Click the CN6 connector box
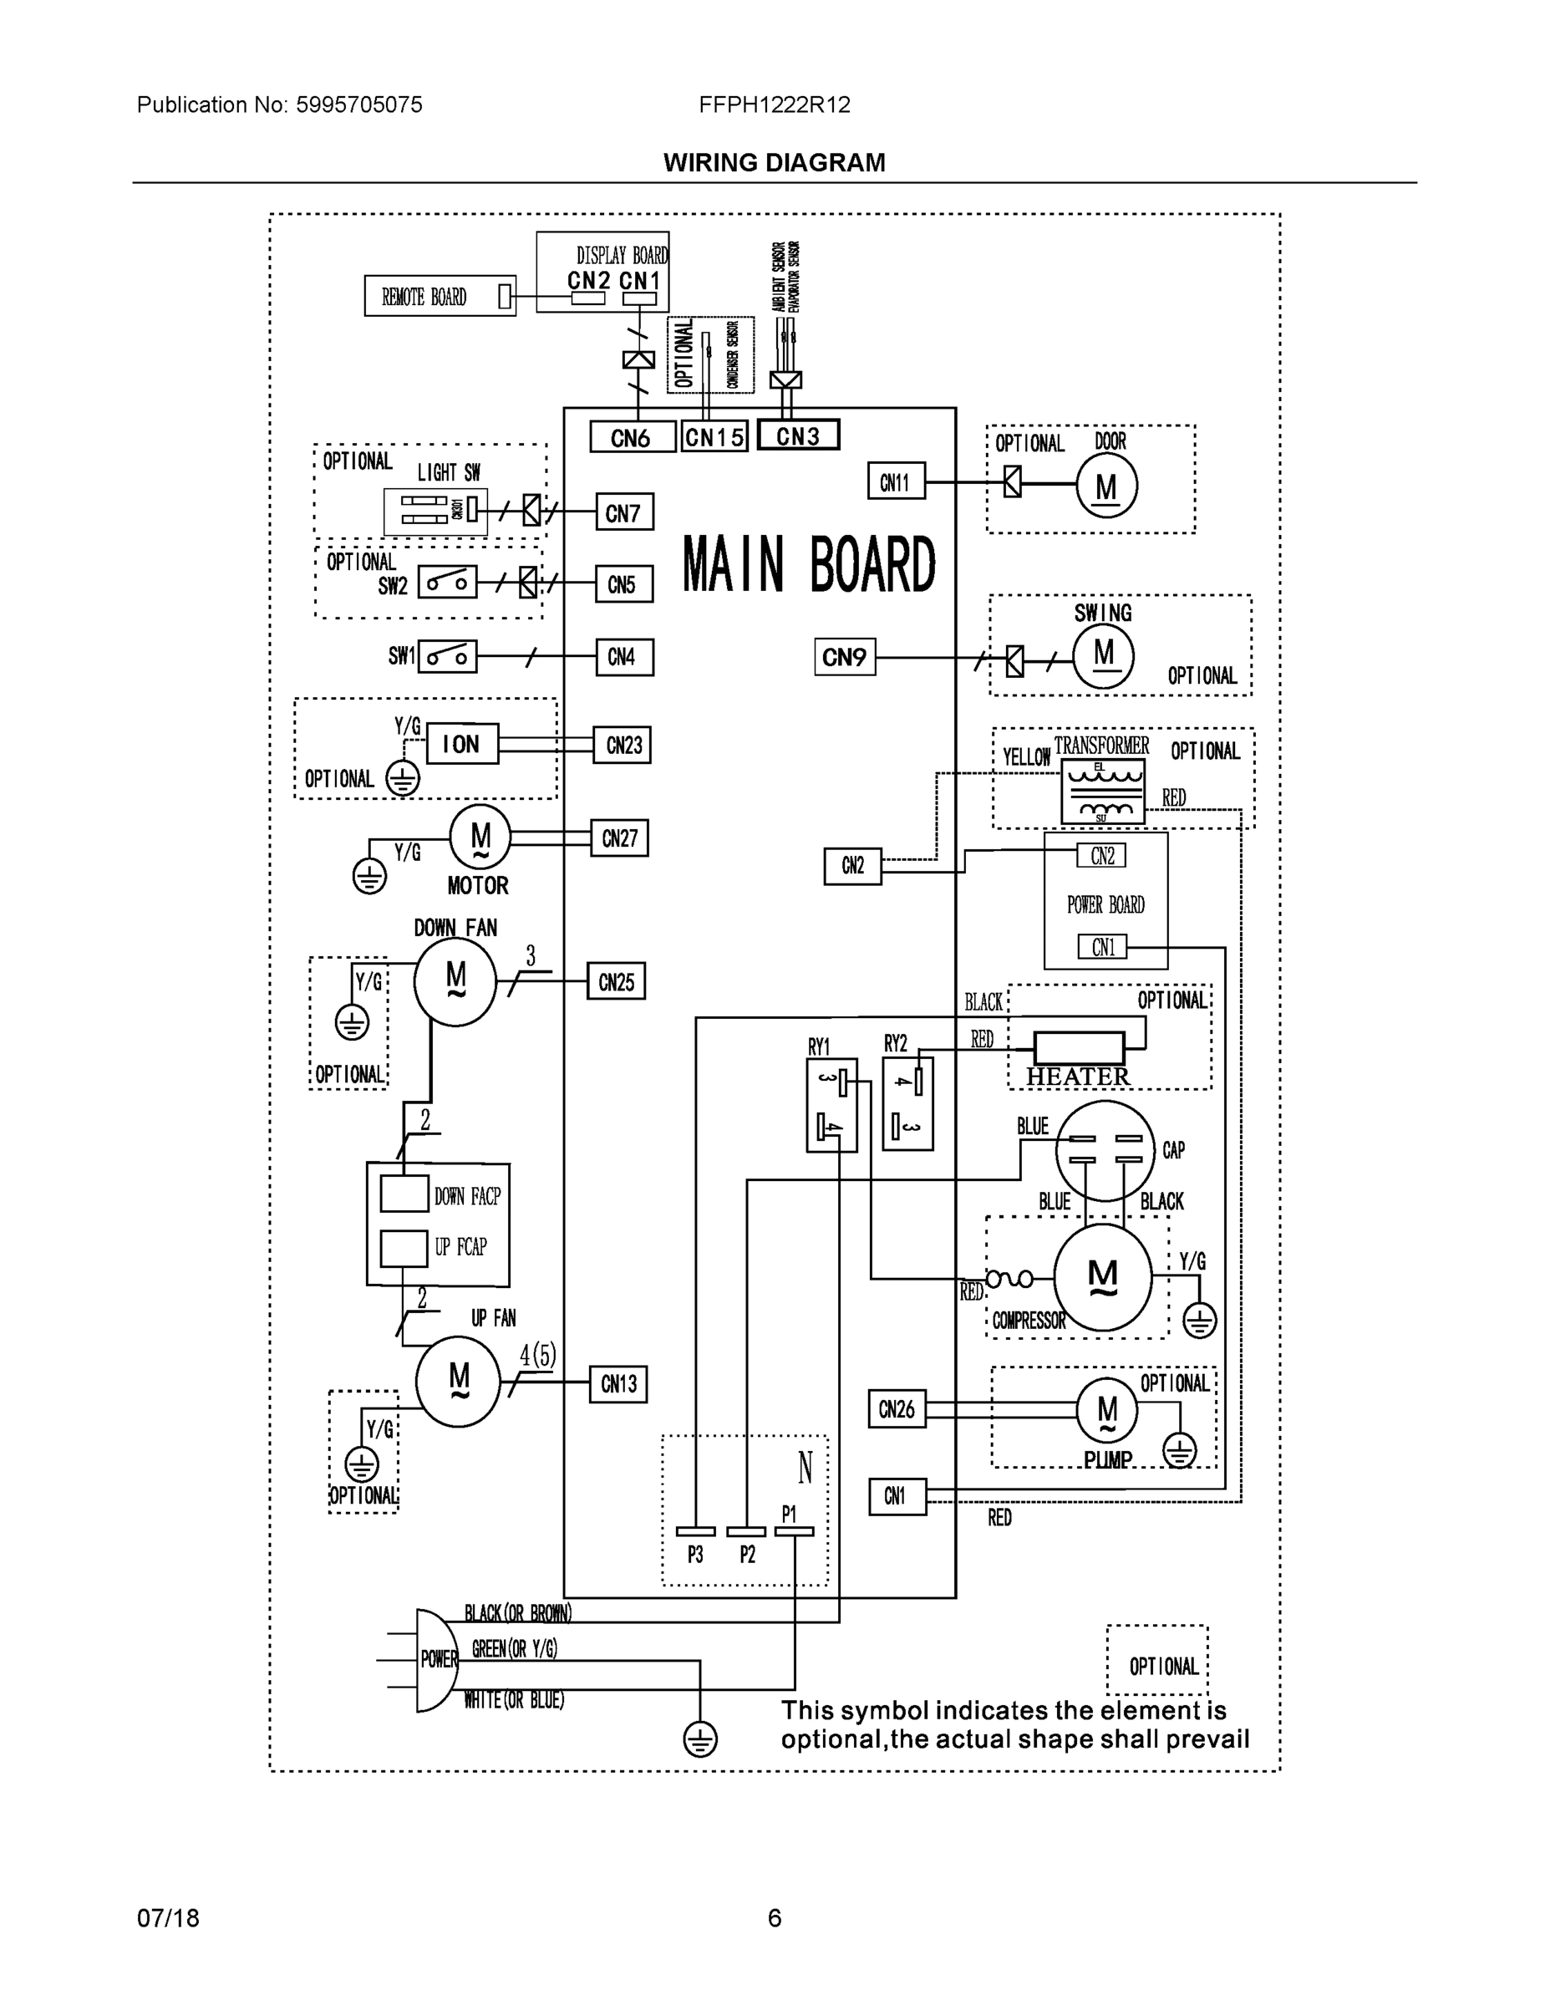[x=631, y=438]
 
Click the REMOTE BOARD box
[x=440, y=297]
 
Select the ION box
[x=461, y=744]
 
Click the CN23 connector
[x=623, y=745]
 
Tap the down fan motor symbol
[x=455, y=982]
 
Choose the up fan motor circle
[x=457, y=1381]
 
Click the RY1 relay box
[x=831, y=1104]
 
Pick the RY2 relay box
[x=907, y=1103]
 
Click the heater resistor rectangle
[x=1079, y=1047]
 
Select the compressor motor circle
[x=1102, y=1276]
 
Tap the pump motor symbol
[x=1106, y=1410]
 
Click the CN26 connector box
[x=897, y=1409]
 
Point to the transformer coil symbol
[x=1103, y=791]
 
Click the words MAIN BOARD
[x=809, y=564]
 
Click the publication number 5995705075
[x=358, y=104]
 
